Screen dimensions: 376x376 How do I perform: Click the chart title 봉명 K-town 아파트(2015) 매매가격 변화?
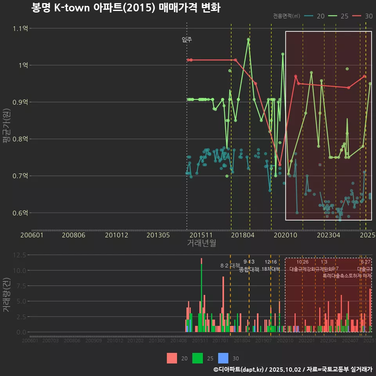tap(126, 8)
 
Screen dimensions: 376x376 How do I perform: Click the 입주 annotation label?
tap(187, 40)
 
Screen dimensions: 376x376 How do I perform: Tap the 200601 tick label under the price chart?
tap(32, 235)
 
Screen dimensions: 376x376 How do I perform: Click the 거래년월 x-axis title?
tap(201, 243)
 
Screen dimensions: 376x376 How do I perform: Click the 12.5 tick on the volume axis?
tap(19, 255)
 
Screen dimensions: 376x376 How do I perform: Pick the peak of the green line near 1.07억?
tap(248, 39)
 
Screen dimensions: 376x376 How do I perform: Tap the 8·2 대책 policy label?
tap(230, 266)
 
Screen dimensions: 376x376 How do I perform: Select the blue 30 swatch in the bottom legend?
tap(223, 358)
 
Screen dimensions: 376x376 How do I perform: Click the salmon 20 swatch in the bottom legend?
tap(172, 358)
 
